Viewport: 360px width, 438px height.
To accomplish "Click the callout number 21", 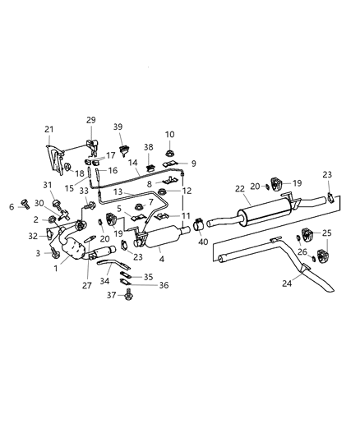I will click(x=48, y=129).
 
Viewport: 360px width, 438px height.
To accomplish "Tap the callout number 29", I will click(x=90, y=120).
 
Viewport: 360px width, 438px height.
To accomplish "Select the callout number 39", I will click(x=118, y=127).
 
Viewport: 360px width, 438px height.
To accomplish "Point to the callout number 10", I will click(x=169, y=134).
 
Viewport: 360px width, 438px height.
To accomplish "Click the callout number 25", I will click(x=328, y=234).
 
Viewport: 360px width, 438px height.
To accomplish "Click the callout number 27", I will click(x=87, y=285).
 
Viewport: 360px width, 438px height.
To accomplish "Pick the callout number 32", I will click(x=32, y=236).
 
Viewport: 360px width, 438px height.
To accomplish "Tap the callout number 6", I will click(x=12, y=206).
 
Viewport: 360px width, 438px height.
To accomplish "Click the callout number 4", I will click(x=162, y=260).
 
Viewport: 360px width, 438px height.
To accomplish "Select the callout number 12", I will click(x=187, y=191).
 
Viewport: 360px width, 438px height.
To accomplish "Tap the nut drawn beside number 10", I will click(x=168, y=151).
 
